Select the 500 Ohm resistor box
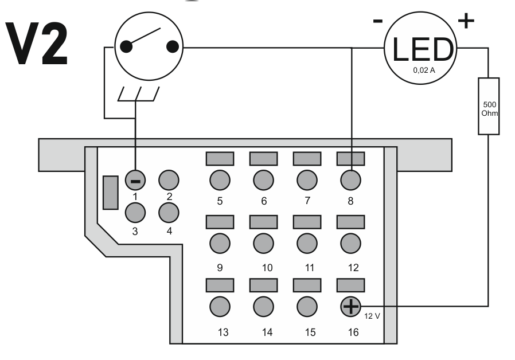click(489, 106)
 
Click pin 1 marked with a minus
click(135, 181)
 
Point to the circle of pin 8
click(350, 181)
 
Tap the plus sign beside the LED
click(466, 21)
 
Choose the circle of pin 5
click(220, 181)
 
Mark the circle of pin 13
click(220, 306)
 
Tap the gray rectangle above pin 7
click(307, 158)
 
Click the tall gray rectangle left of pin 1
click(110, 193)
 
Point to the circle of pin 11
click(307, 242)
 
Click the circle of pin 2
click(169, 181)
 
